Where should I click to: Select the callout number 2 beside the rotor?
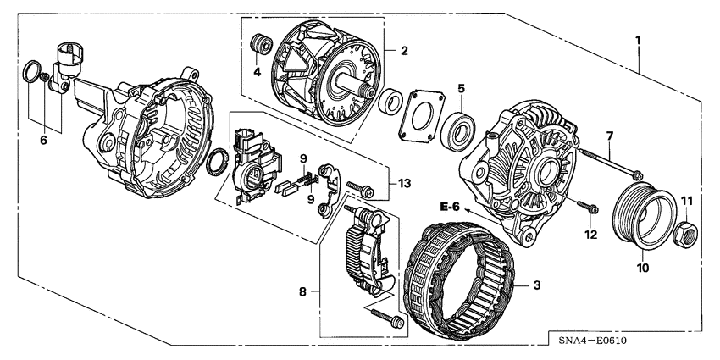pos(404,51)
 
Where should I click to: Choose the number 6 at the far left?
pos(43,141)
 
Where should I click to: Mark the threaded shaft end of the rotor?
pos(367,90)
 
